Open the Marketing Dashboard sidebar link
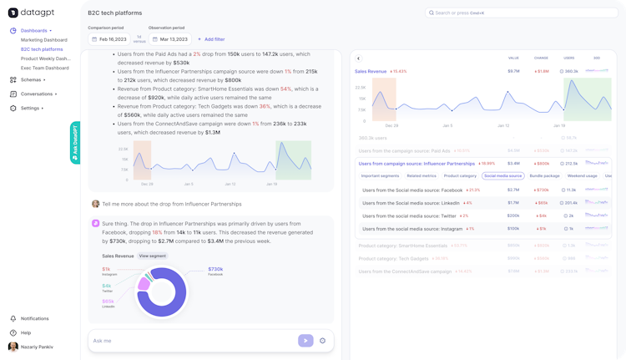point(44,39)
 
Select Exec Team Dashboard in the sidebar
point(45,68)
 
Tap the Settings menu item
point(31,108)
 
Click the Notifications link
point(34,318)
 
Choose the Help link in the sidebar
point(26,332)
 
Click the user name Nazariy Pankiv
point(38,347)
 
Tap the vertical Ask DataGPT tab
point(75,143)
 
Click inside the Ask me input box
point(192,341)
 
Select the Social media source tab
point(503,176)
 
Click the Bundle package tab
point(545,176)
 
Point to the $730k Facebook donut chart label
point(215,271)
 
